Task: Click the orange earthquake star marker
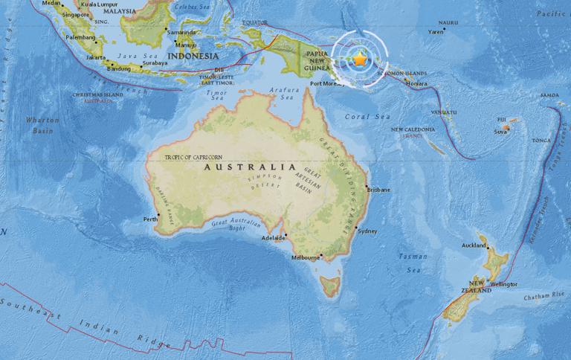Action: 360,59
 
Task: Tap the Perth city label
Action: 150,219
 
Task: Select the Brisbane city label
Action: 378,190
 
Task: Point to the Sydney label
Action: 367,231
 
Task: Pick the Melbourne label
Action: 305,257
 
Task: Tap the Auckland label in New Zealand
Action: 474,245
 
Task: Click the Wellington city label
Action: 503,283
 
